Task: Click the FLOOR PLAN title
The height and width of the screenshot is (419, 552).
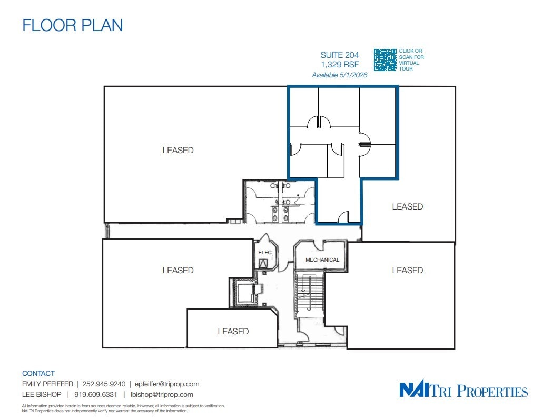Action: click(72, 25)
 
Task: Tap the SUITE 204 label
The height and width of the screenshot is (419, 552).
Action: click(339, 55)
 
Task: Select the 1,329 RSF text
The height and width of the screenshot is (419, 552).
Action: click(339, 65)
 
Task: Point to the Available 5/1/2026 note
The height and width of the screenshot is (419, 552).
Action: click(339, 75)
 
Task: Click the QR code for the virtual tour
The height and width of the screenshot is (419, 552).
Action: click(385, 60)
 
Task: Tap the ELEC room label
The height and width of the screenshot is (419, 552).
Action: click(264, 253)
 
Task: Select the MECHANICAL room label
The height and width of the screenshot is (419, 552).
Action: click(322, 260)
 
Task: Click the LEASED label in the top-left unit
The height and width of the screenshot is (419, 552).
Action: click(178, 151)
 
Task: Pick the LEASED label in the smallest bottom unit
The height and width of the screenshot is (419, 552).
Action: click(233, 331)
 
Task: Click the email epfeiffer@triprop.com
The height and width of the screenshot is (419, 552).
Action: click(167, 384)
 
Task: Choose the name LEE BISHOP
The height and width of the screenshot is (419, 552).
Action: click(42, 394)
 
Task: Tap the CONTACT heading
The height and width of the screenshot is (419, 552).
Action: click(38, 373)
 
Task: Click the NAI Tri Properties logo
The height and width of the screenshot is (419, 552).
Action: click(464, 391)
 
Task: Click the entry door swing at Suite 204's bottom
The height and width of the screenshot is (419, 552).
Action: click(342, 217)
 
